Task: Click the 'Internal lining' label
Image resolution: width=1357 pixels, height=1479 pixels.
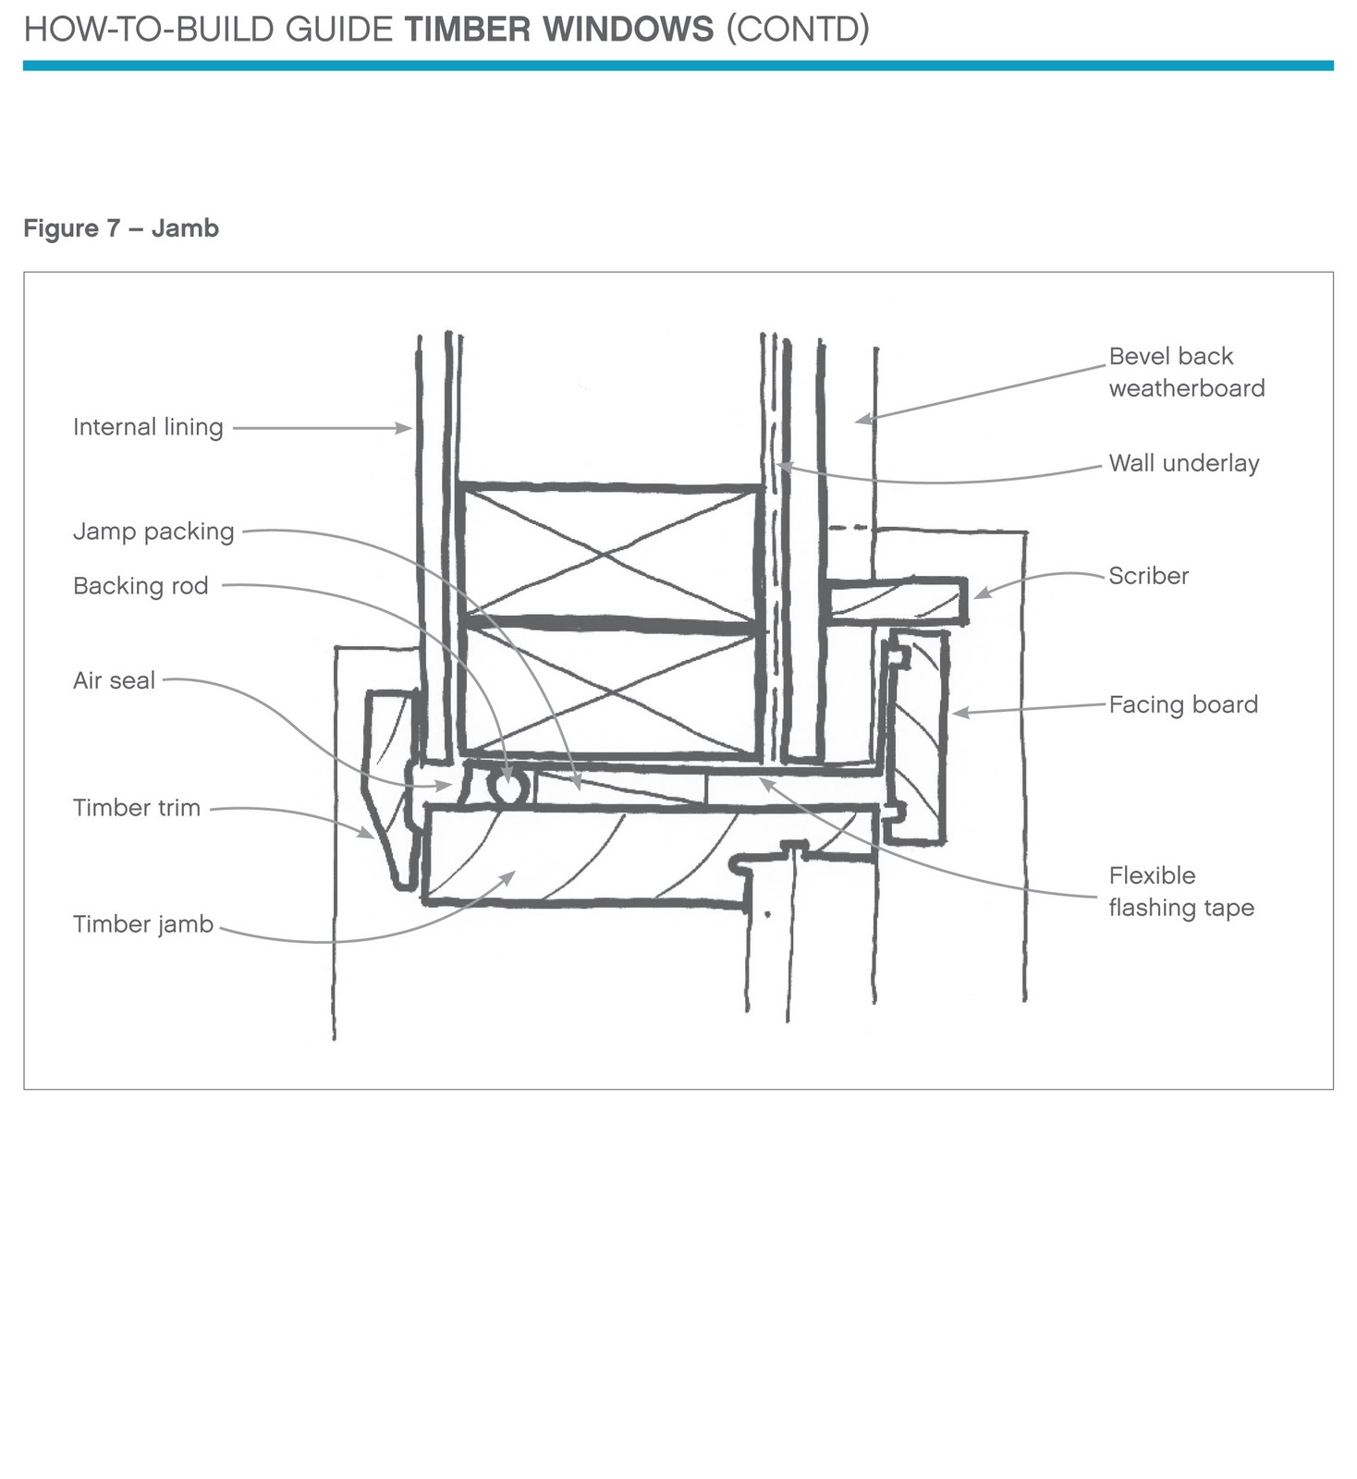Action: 148,427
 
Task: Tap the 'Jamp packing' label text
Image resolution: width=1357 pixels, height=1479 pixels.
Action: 153,532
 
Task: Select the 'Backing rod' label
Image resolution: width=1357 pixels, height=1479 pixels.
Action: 141,586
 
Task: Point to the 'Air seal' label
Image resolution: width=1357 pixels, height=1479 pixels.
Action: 114,681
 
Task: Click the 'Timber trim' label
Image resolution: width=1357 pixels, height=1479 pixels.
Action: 137,808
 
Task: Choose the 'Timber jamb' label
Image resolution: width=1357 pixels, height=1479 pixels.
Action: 143,924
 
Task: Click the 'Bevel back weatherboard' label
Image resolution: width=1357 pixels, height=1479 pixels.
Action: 1186,373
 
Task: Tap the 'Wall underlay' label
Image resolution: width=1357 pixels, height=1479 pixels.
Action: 1183,463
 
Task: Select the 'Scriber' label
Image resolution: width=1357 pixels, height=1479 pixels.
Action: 1148,576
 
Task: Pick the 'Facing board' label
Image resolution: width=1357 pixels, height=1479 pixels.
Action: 1183,704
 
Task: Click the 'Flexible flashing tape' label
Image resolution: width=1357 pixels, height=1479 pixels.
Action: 1180,892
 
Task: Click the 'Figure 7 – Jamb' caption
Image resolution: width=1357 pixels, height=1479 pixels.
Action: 121,228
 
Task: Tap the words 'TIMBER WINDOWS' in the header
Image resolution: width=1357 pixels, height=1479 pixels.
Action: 559,30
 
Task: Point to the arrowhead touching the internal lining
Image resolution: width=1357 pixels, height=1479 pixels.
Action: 405,428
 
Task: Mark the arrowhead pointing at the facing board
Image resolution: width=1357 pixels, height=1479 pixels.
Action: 959,713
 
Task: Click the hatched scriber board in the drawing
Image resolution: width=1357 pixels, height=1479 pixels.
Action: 897,602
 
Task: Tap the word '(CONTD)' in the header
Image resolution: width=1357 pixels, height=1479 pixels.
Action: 798,30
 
